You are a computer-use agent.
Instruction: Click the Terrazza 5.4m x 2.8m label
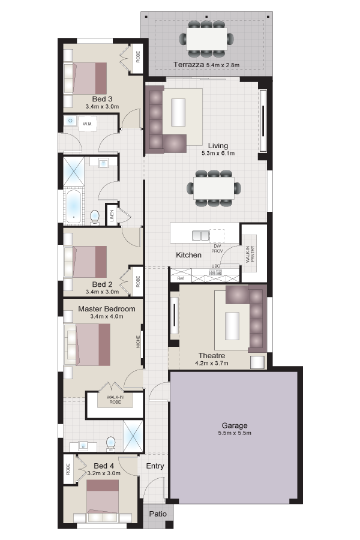pyautogui.click(x=206, y=64)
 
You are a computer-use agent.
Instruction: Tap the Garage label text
pyautogui.click(x=234, y=425)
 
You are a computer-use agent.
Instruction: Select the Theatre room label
pyautogui.click(x=212, y=355)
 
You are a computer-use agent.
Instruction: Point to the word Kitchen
pyautogui.click(x=189, y=255)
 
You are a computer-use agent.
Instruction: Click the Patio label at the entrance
pyautogui.click(x=158, y=514)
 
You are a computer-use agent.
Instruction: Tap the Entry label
pyautogui.click(x=155, y=466)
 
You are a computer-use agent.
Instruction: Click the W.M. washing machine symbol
pyautogui.click(x=88, y=124)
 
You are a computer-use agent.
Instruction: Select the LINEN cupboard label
pyautogui.click(x=112, y=216)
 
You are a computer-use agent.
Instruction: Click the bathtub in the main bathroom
pyautogui.click(x=74, y=206)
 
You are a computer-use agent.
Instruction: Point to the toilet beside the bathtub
pyautogui.click(x=95, y=218)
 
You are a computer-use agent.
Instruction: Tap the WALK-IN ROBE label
pyautogui.click(x=115, y=400)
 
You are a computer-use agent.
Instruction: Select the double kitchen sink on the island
pyautogui.click(x=200, y=236)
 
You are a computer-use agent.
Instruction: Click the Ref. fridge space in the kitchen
pyautogui.click(x=181, y=278)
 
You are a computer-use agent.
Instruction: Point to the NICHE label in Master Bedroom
pyautogui.click(x=138, y=342)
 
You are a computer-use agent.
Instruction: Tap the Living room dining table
pyautogui.click(x=214, y=188)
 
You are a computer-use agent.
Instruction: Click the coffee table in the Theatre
pyautogui.click(x=232, y=326)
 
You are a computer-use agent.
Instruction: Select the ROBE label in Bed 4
pyautogui.click(x=68, y=469)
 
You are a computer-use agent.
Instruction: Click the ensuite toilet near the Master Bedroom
pyautogui.click(x=110, y=443)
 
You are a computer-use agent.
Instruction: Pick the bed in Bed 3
pyautogui.click(x=85, y=78)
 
